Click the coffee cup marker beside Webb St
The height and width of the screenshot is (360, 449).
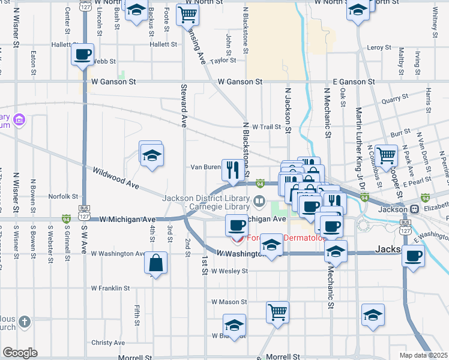(83, 55)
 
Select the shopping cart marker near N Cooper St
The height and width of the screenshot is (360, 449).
(386, 155)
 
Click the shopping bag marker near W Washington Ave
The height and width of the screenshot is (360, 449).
(155, 262)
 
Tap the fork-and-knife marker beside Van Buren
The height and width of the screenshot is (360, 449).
(232, 169)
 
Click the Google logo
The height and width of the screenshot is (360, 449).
(20, 352)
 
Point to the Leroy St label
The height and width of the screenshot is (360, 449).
(379, 47)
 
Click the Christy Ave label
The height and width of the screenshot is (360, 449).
(109, 343)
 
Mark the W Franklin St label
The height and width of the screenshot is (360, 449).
(110, 288)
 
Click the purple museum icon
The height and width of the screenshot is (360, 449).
(19, 120)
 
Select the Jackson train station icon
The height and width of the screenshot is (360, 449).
(414, 209)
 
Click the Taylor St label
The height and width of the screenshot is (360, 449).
(223, 60)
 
